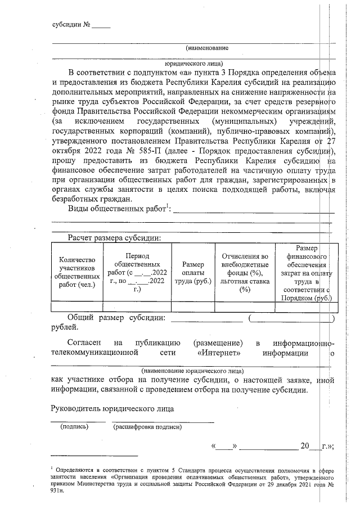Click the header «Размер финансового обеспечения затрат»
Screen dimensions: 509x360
pos(307,272)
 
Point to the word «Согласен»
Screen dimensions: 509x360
pos(84,343)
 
